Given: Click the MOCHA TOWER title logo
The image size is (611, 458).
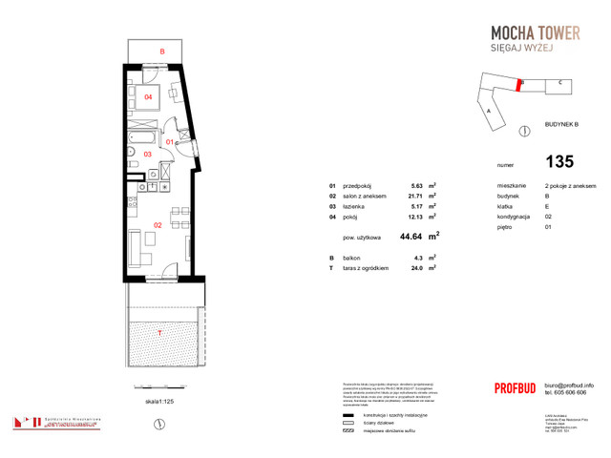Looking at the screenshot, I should (x=527, y=32).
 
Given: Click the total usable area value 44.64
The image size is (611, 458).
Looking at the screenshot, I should (x=409, y=234).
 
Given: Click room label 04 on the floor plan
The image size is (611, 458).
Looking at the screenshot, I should (x=149, y=97).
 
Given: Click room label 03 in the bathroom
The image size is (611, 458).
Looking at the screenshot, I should (x=148, y=154).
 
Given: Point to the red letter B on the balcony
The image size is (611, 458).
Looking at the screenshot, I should (x=162, y=51).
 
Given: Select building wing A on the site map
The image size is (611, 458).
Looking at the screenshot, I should (x=489, y=111).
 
